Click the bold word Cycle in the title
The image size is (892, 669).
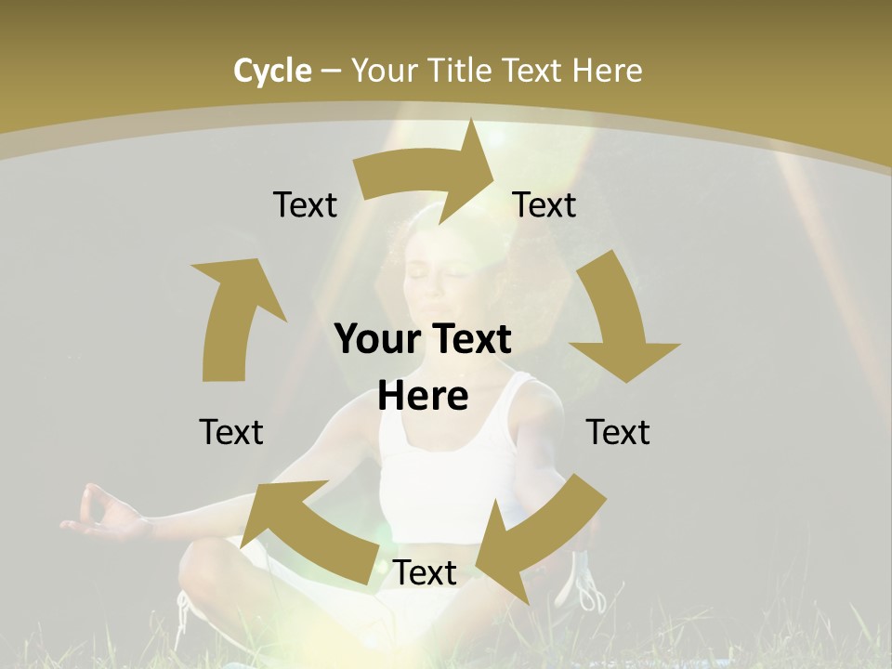click(x=272, y=71)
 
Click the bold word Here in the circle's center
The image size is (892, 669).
click(x=423, y=397)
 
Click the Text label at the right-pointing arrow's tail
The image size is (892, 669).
click(x=305, y=204)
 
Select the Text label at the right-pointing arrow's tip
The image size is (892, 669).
click(x=544, y=204)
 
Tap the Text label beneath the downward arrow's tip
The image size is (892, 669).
click(x=618, y=432)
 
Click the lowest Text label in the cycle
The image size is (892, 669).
click(x=425, y=573)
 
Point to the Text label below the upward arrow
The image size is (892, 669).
click(x=231, y=432)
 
